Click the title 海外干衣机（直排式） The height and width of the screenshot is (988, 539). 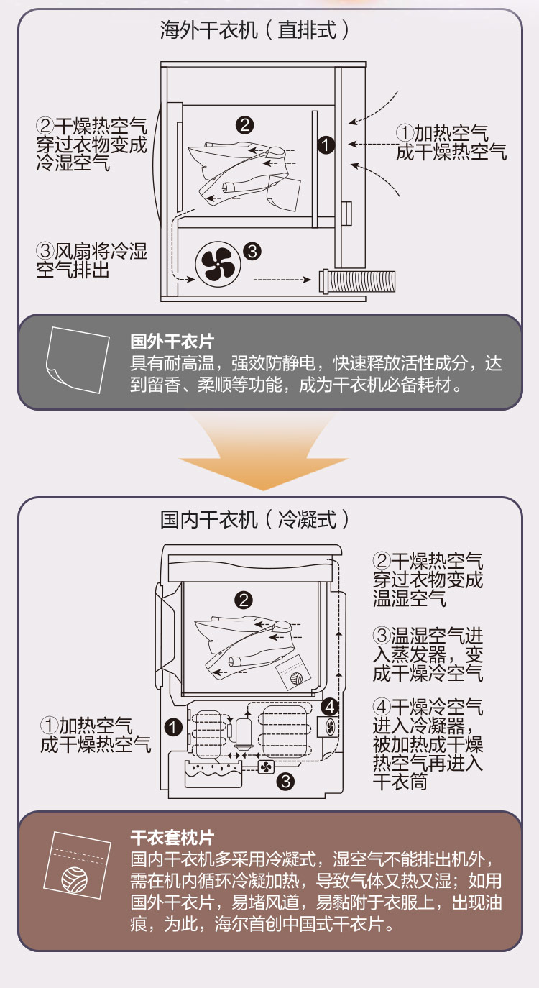256,30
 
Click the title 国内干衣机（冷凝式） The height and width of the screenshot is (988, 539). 256,519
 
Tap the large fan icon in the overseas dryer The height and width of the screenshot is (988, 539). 215,264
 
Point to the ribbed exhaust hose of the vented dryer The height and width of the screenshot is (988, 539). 359,280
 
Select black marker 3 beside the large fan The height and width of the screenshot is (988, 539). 252,251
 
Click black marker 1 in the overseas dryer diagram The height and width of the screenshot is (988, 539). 326,145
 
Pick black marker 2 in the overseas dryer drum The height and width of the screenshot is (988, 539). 244,124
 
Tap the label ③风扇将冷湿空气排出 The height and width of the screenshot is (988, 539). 91,261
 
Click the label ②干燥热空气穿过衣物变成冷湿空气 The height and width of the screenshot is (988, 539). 91,144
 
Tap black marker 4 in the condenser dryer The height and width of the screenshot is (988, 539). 329,705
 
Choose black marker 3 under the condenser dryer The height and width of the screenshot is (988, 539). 285,781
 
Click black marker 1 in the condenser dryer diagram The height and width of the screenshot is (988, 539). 172,726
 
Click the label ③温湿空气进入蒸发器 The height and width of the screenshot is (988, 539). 428,654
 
